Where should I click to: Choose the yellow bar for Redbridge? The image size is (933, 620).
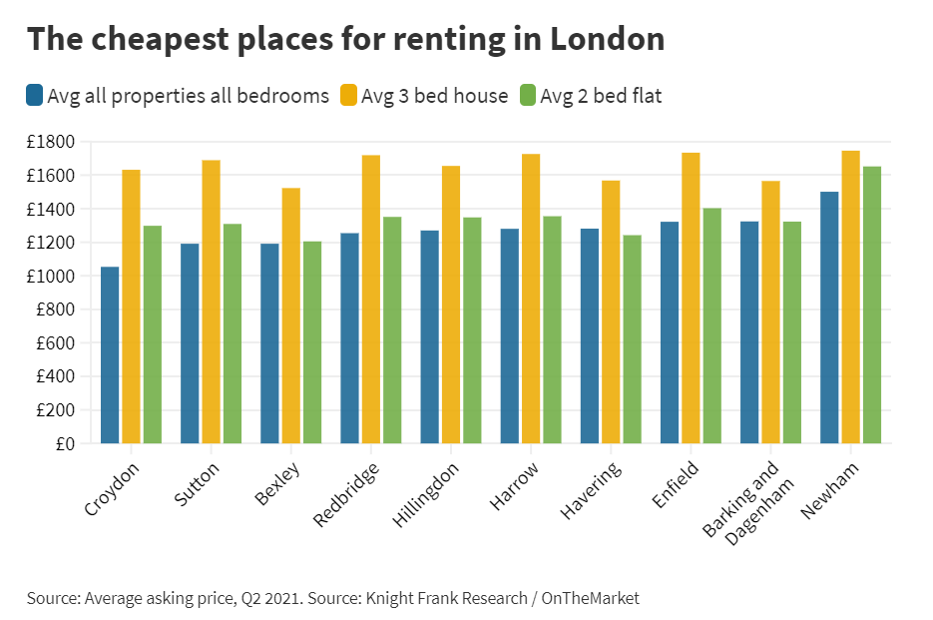coord(370,299)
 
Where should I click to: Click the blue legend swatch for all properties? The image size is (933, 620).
coord(35,96)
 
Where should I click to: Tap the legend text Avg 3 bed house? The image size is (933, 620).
coord(434,96)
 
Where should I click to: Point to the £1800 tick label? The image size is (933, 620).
coord(51,142)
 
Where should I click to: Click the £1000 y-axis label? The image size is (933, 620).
coord(51,277)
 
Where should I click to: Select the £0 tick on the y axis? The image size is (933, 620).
coord(64,444)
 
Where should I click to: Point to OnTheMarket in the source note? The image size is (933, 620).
coord(590,598)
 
